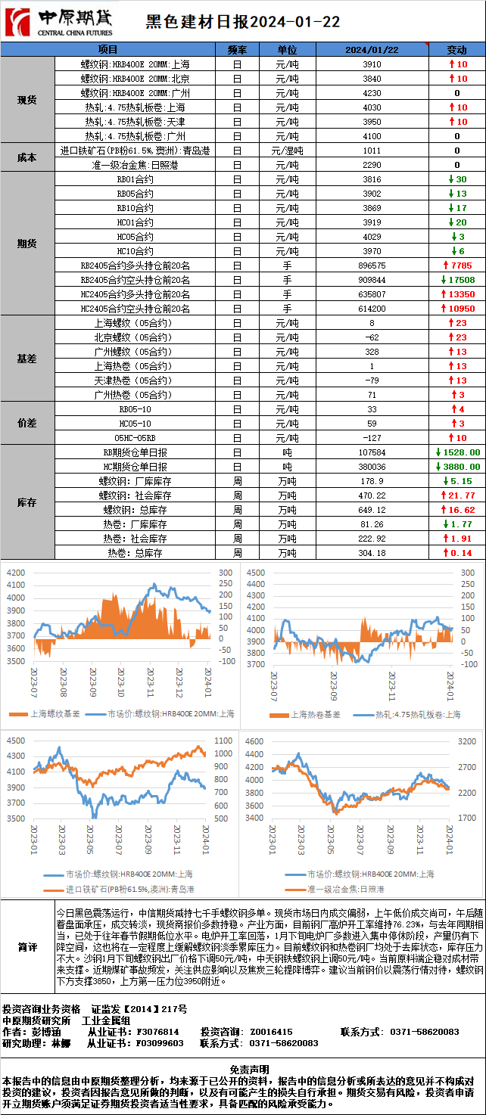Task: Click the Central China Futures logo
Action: [59, 22]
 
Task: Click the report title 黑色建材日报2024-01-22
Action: [242, 22]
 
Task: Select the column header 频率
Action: [237, 49]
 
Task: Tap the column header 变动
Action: [456, 49]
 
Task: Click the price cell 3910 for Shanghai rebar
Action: [372, 64]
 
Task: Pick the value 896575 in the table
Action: [372, 266]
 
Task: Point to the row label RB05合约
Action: [136, 194]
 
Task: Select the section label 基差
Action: [27, 359]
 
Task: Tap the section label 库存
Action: [27, 502]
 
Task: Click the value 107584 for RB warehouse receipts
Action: [372, 452]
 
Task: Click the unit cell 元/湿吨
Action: [287, 151]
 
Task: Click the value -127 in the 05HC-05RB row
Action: [372, 438]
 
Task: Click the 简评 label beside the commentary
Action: [27, 948]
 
